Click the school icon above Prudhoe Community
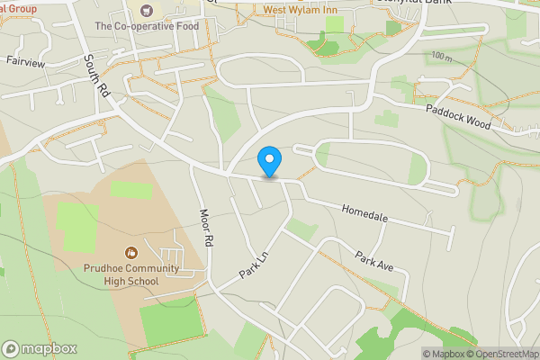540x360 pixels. click(x=132, y=253)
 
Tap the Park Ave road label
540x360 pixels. click(x=374, y=260)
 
